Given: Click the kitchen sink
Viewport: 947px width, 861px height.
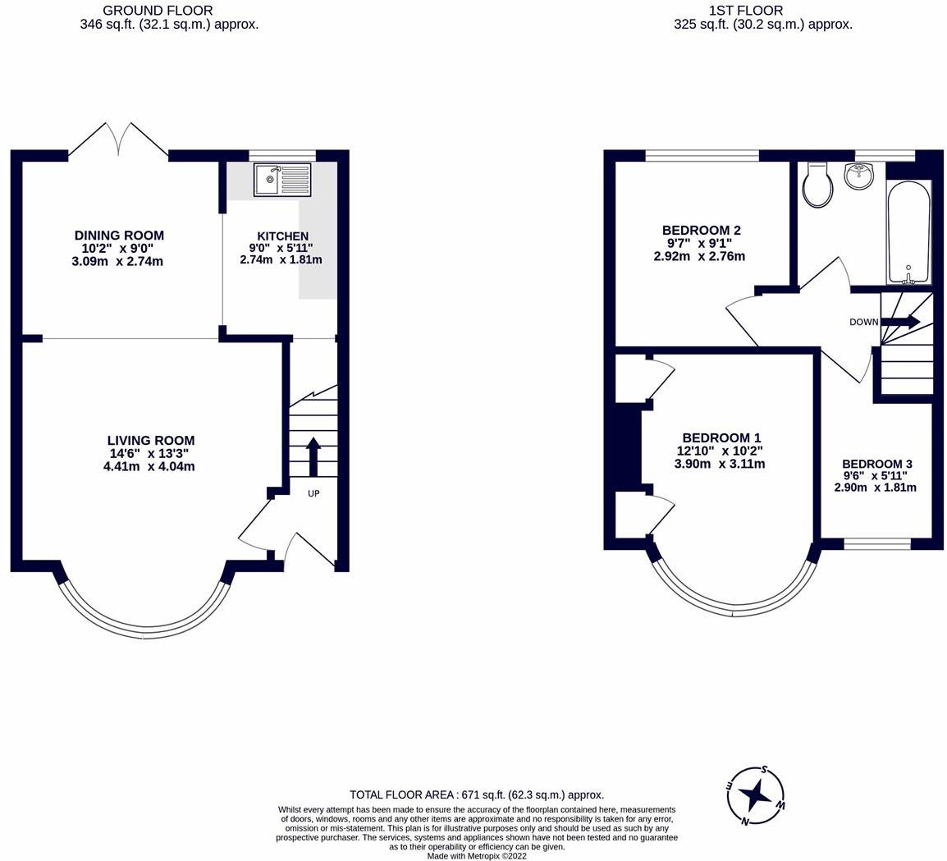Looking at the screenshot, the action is [x=282, y=180].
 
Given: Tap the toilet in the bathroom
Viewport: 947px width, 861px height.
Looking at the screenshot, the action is [x=818, y=185].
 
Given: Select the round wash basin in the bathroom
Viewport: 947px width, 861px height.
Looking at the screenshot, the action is [x=859, y=175].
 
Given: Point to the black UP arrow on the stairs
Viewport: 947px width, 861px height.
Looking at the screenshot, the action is [x=313, y=457].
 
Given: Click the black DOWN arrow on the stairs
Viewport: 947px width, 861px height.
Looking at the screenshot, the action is [x=901, y=322].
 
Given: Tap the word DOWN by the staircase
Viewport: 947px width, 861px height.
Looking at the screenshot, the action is [x=863, y=322].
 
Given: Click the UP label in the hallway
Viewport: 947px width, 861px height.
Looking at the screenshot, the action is [x=313, y=493].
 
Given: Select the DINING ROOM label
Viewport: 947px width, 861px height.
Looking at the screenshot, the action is [x=119, y=235].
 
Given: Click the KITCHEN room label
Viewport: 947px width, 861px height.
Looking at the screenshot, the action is [x=282, y=236].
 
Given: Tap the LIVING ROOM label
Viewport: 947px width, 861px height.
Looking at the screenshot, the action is [x=151, y=441].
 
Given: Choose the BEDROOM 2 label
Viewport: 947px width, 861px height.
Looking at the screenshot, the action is [x=701, y=230].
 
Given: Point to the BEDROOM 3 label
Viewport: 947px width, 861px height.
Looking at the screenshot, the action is [x=877, y=464].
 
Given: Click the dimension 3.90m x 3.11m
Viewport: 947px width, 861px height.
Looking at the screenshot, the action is [x=720, y=464].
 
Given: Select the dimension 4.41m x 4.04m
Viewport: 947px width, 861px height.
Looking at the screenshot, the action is [x=149, y=466].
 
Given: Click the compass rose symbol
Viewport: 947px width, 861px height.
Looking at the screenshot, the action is [x=756, y=795].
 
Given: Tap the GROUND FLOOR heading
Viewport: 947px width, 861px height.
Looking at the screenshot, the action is [x=158, y=11].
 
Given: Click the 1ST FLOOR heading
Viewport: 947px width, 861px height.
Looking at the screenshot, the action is [x=747, y=11].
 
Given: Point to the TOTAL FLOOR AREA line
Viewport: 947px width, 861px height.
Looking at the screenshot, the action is [x=477, y=795].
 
